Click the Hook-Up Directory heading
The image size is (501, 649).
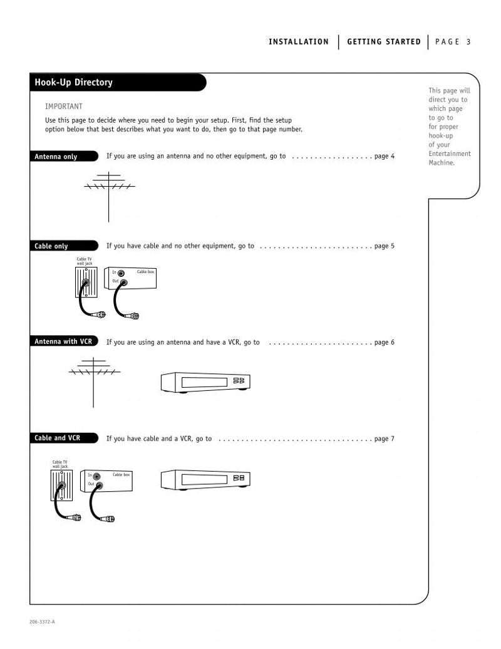coord(74,83)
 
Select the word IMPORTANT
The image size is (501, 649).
coord(63,106)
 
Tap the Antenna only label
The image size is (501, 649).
coord(56,157)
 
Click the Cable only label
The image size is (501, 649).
coord(51,246)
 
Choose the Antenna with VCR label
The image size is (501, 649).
coord(63,342)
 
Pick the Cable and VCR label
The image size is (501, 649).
coord(57,439)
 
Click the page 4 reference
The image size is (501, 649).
coord(384,156)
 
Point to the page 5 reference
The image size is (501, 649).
coord(384,246)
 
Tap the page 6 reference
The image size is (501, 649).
coord(384,343)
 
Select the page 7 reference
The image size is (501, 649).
coord(384,439)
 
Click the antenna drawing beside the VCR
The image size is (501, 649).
coord(93,379)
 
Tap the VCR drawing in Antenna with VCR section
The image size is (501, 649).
coord(205,382)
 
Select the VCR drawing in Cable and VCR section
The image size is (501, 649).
coord(205,480)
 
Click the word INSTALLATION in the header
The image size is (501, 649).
coord(299,42)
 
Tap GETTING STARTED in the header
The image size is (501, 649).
coord(384,42)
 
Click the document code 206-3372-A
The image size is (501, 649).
coord(42,621)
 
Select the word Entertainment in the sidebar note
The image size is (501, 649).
coord(449,154)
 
